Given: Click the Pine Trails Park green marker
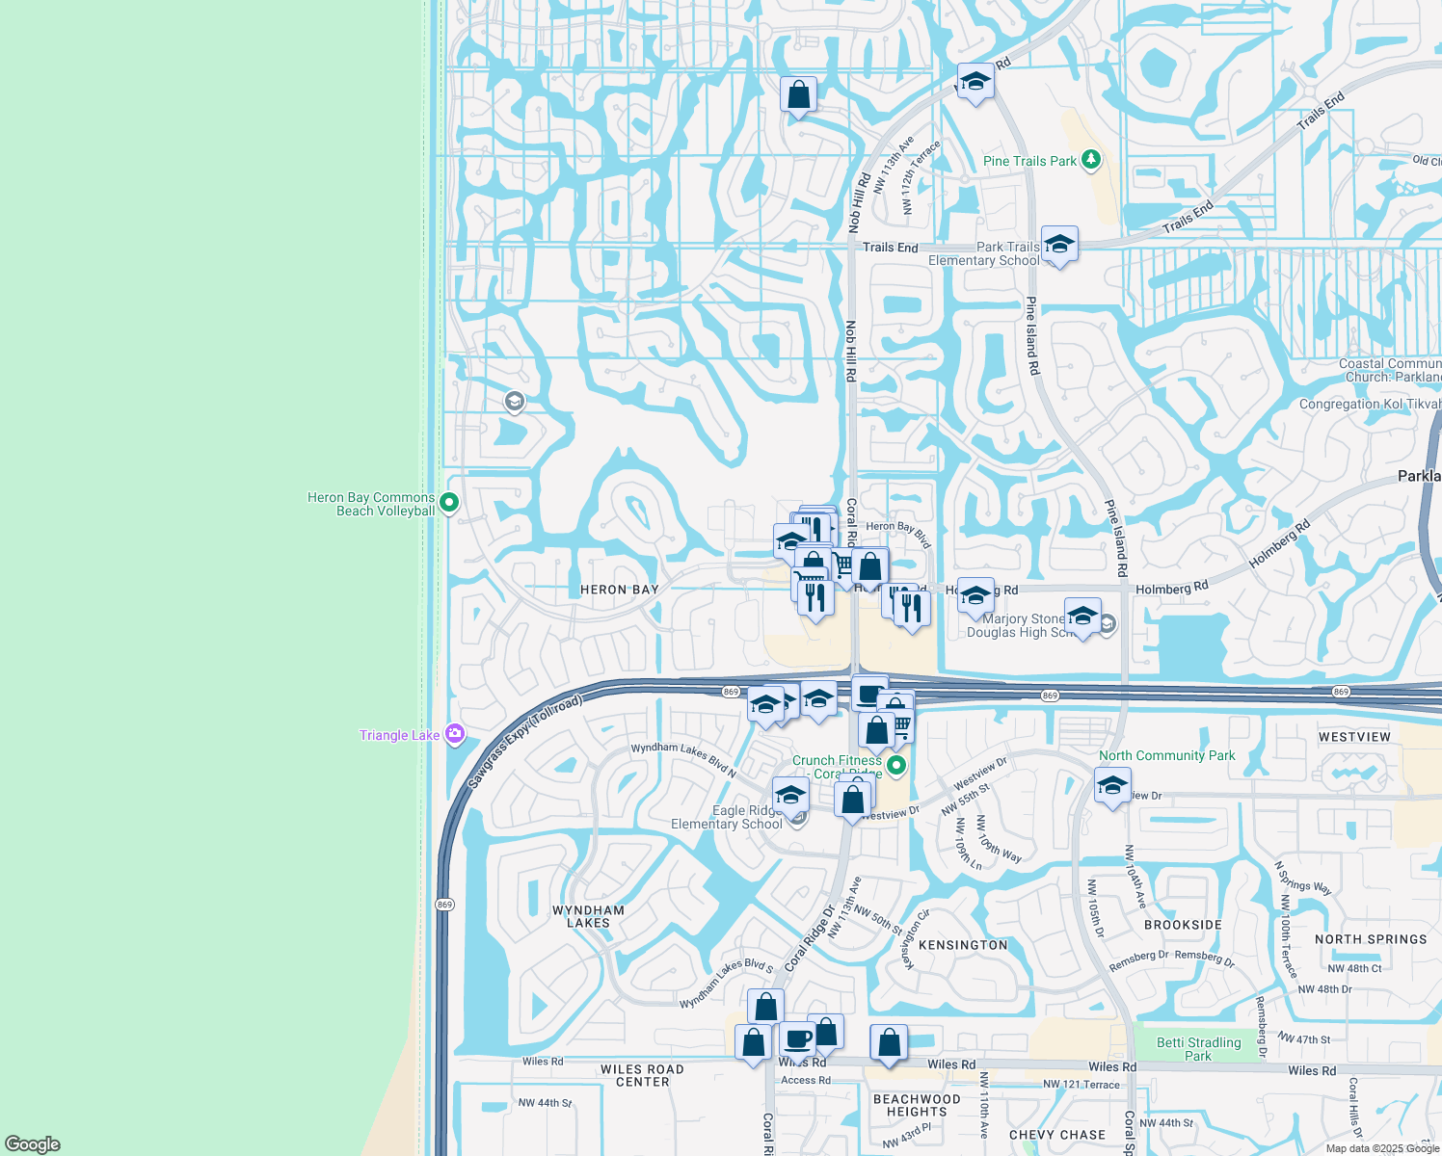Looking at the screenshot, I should [1090, 160].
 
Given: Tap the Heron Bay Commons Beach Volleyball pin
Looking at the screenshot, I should [448, 503].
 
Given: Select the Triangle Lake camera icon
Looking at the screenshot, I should [455, 735].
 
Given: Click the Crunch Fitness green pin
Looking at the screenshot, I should [896, 766].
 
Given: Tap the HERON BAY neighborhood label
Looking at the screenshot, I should [619, 590].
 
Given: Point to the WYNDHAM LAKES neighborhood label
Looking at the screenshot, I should [588, 916].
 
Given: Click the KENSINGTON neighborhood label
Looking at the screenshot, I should [962, 945].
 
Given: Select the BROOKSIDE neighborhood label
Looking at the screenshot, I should [1183, 925].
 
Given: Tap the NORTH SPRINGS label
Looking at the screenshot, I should [1370, 939].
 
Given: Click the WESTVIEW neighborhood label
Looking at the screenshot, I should [1354, 737].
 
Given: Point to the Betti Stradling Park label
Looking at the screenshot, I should [1198, 1049].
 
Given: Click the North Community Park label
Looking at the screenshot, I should [1166, 755].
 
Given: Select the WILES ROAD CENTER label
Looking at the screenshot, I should [642, 1075].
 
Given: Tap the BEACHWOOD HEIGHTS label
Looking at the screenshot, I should [916, 1105].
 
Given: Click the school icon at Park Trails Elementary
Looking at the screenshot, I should [1059, 244].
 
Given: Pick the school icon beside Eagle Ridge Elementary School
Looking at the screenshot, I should [790, 796].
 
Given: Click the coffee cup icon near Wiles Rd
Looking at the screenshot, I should [798, 1040].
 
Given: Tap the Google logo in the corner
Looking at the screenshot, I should [33, 1143].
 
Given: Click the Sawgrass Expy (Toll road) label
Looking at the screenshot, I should [525, 743].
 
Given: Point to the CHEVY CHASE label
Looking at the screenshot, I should [1056, 1135].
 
